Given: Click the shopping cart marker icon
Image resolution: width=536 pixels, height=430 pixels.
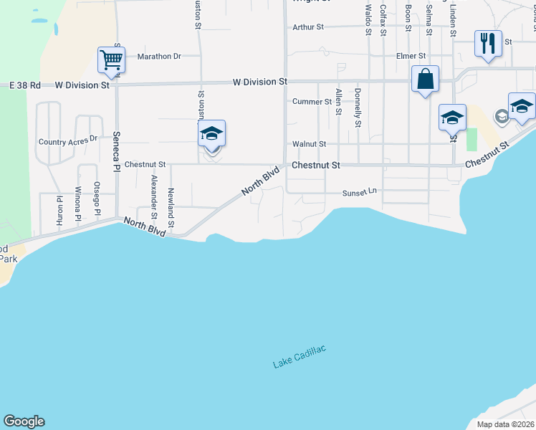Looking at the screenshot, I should point(112,60).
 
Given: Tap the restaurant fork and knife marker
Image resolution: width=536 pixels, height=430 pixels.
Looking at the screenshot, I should point(488,44).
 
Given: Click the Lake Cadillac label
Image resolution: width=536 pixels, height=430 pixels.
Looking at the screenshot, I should point(300,357).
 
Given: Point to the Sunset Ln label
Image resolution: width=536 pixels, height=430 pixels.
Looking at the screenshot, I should point(359,193).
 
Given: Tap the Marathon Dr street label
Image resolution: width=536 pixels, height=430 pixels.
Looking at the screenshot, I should point(159,56).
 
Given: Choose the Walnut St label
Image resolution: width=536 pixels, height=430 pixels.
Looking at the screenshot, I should point(309,144).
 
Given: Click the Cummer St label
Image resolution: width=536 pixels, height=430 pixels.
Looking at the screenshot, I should point(312,102).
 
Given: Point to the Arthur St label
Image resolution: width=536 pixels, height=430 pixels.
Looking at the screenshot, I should point(308,27).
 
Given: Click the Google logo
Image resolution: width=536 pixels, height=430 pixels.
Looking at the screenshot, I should point(24,421).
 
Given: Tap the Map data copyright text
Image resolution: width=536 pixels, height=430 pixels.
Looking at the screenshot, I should point(502,424).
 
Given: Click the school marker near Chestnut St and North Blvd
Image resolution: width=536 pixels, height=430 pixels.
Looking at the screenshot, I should point(211,135).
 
